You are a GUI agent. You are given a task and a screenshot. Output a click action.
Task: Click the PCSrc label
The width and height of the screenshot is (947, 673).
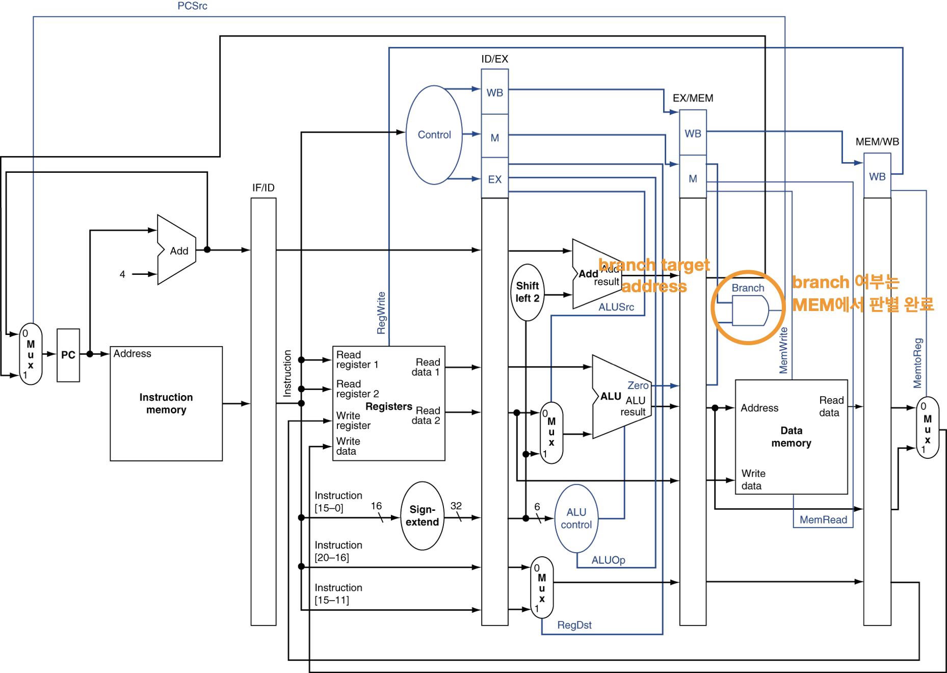coord(192,6)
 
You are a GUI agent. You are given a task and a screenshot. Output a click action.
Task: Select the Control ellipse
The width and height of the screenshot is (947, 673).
coord(434,135)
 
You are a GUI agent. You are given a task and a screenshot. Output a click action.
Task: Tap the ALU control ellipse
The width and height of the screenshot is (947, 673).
coord(576,519)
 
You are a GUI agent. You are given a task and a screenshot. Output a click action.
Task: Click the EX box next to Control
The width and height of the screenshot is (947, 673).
coord(494,179)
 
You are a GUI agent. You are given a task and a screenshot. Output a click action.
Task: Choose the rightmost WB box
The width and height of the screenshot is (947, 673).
coord(877,176)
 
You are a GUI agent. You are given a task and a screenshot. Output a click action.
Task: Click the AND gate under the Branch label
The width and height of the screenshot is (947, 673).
coord(750,310)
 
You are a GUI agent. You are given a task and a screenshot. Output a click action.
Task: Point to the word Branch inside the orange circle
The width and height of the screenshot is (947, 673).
coord(748,288)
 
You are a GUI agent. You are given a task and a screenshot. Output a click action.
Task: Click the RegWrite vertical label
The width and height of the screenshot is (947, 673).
coord(381,313)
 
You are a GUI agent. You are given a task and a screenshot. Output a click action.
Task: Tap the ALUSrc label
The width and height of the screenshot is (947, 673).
coord(616,307)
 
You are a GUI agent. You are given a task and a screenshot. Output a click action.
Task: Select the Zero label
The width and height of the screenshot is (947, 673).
coord(638,386)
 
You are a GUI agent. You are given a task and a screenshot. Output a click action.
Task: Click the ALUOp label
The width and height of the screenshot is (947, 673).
coord(608,560)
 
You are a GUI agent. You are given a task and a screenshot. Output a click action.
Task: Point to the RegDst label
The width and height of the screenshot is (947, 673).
coord(574,625)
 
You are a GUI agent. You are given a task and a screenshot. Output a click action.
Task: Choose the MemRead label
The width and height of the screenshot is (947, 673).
coord(823,520)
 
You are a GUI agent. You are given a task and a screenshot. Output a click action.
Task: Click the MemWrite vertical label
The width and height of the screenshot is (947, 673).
coord(783,351)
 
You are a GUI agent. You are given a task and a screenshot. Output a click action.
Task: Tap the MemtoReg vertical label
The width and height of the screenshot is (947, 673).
coord(917,363)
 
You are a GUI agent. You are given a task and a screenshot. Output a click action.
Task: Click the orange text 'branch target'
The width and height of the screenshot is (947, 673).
coord(654,265)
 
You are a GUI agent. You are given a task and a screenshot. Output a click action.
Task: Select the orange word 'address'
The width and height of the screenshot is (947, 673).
coord(654,287)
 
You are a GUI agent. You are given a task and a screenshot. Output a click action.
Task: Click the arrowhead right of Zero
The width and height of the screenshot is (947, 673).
coord(674,386)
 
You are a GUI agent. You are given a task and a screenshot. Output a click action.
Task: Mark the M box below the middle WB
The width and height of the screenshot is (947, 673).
coord(693,178)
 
